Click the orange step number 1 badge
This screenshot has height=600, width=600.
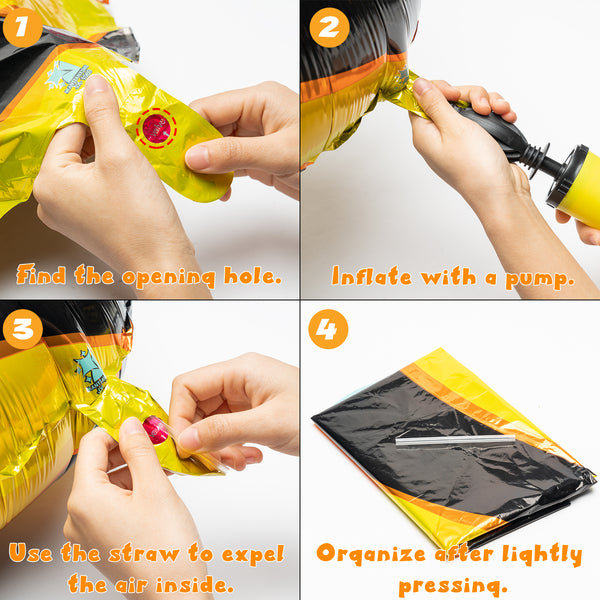coord(23,28)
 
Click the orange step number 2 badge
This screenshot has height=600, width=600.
coord(329,28)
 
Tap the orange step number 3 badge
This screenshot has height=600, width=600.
coord(23,329)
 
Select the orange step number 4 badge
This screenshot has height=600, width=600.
coord(328,329)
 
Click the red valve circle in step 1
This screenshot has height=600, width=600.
coord(157,129)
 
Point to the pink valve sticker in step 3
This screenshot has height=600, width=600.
coord(155,430)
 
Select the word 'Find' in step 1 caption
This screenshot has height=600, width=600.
coord(41,274)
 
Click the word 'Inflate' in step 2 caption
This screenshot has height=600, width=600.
coord(372,276)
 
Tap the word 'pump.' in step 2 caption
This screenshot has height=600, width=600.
coord(540,279)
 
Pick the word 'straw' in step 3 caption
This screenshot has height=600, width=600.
coord(144,553)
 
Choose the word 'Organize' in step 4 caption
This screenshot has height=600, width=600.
coord(371,554)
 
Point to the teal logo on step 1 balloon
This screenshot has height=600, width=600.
coord(69,78)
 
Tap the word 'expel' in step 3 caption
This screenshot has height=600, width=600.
coord(253,554)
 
